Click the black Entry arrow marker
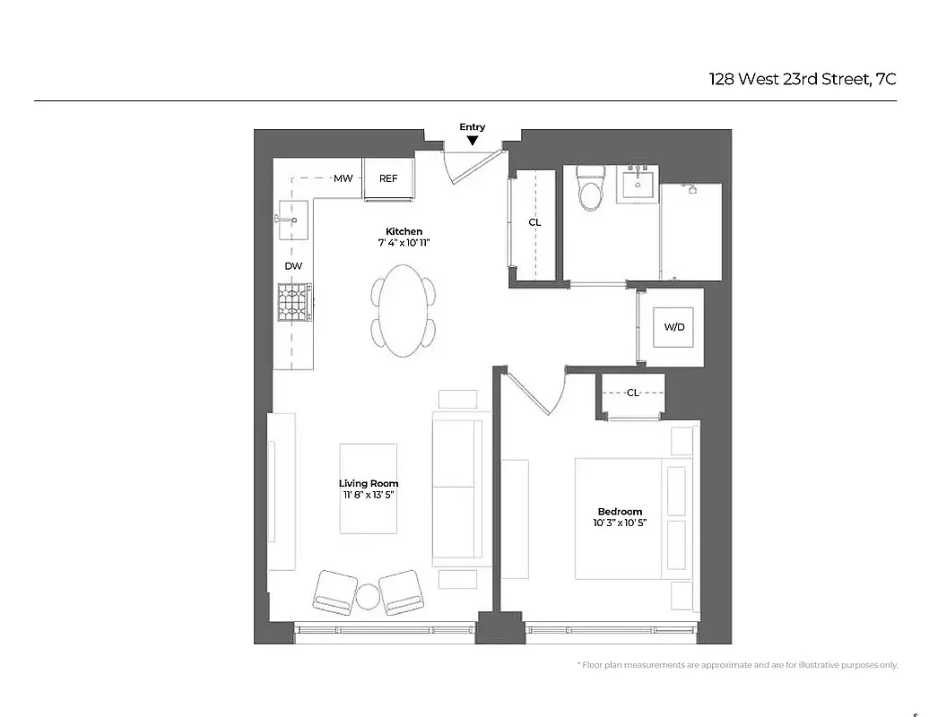click(473, 140)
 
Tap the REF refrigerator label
click(388, 178)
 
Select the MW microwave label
click(343, 178)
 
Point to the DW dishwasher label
click(293, 266)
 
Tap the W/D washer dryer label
click(674, 327)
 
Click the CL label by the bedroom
click(633, 393)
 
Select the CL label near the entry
click(534, 222)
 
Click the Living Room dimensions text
click(369, 495)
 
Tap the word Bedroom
click(620, 512)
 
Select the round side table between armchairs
click(369, 596)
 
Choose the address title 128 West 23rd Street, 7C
click(803, 79)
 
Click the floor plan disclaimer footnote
click(736, 665)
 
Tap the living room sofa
click(457, 488)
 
